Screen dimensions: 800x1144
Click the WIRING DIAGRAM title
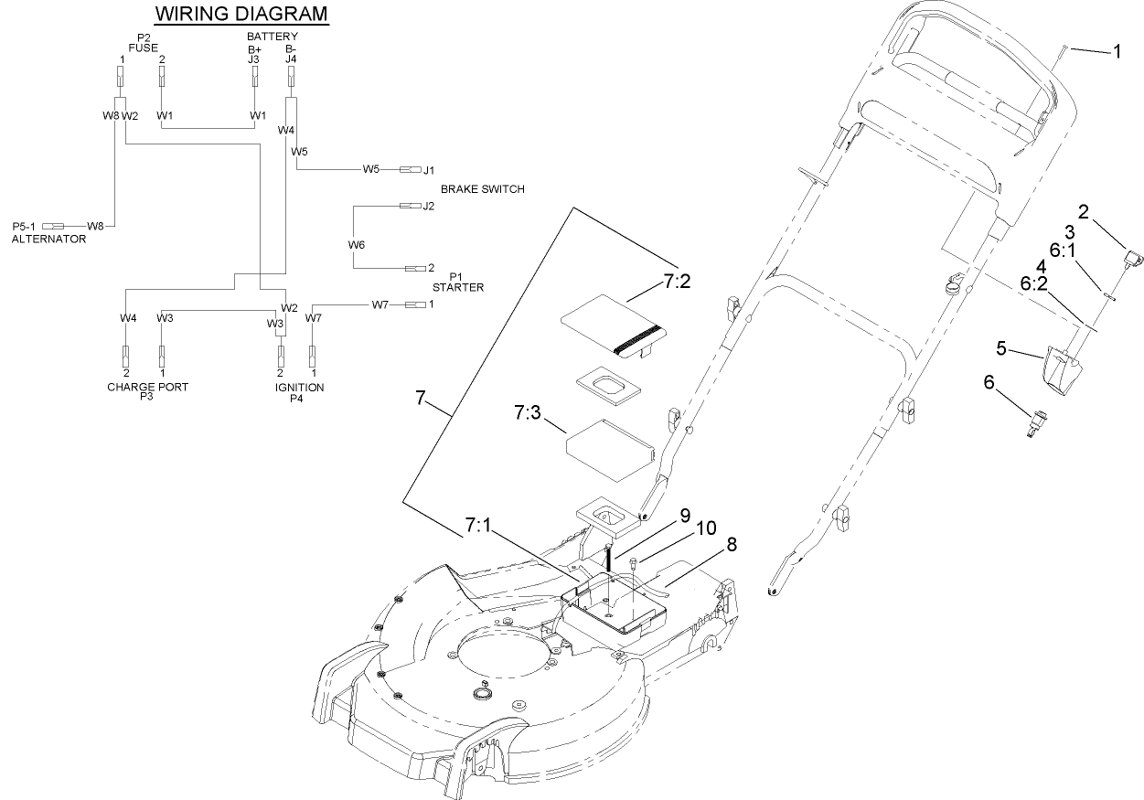[241, 14]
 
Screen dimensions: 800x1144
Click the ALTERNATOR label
[48, 239]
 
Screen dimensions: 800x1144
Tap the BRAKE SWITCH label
[483, 189]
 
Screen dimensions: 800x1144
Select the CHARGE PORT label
[147, 387]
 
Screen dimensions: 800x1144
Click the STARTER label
[458, 287]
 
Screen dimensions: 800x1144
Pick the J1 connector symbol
[409, 169]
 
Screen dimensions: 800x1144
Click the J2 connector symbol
[409, 206]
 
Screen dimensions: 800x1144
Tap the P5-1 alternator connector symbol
[53, 225]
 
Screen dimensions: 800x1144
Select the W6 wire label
[356, 245]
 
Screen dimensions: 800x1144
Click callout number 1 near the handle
[1116, 52]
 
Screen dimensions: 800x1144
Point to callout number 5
[1001, 348]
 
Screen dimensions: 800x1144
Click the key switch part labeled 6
[1036, 424]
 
